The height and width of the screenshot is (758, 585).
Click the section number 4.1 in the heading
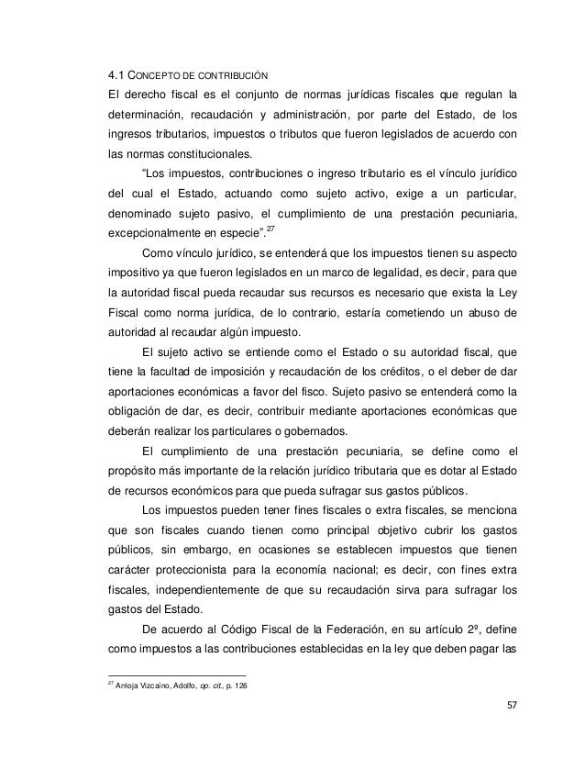(116, 74)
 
